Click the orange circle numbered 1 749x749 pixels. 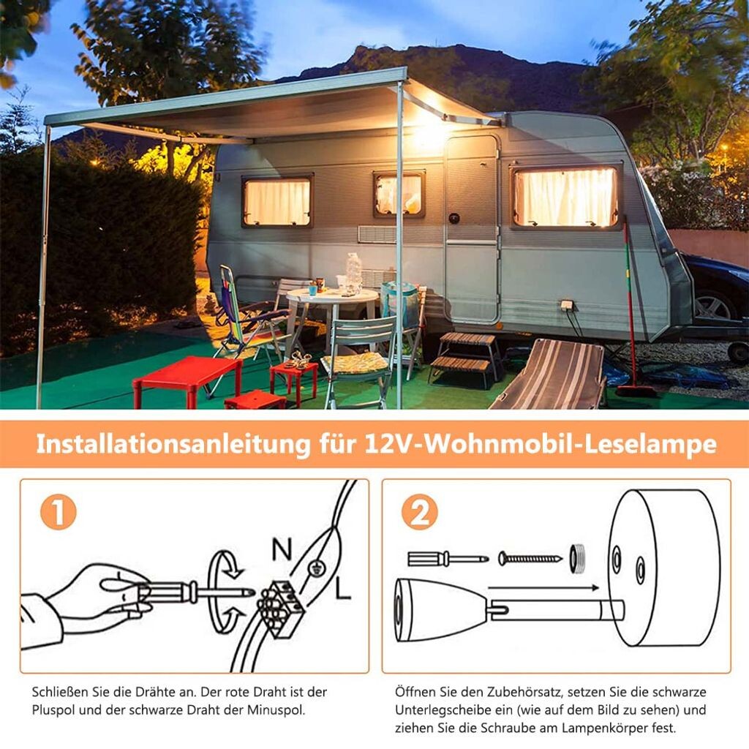coord(59,513)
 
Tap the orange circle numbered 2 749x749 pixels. coord(419,513)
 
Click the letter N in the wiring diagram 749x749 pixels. coord(282,549)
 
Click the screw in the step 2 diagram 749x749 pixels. coord(530,558)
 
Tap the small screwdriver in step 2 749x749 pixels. coord(448,558)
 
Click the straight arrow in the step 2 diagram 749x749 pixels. coord(543,587)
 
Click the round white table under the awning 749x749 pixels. coord(333,315)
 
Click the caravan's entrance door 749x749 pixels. coord(472,229)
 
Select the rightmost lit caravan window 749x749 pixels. coord(565,196)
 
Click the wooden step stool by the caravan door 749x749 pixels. coord(464,359)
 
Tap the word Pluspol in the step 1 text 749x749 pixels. coord(53,710)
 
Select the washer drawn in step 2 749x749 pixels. coord(578,558)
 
